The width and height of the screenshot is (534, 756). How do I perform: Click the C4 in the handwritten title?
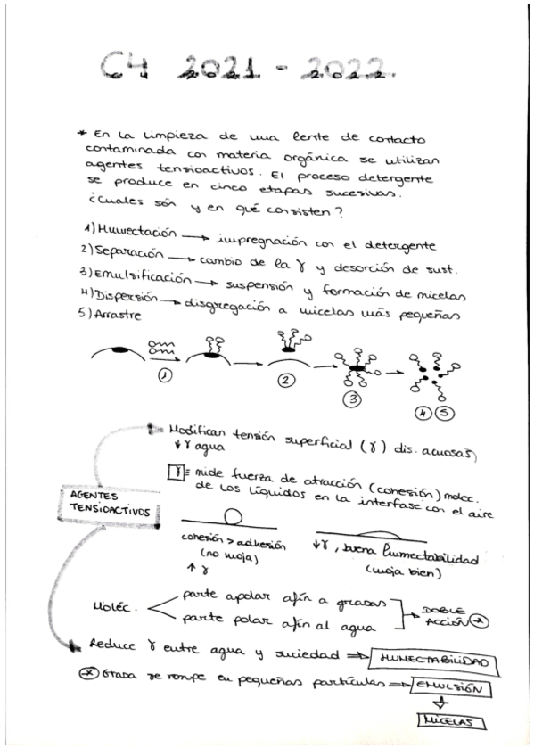[124, 65]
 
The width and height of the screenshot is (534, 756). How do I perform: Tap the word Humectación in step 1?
[135, 229]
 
